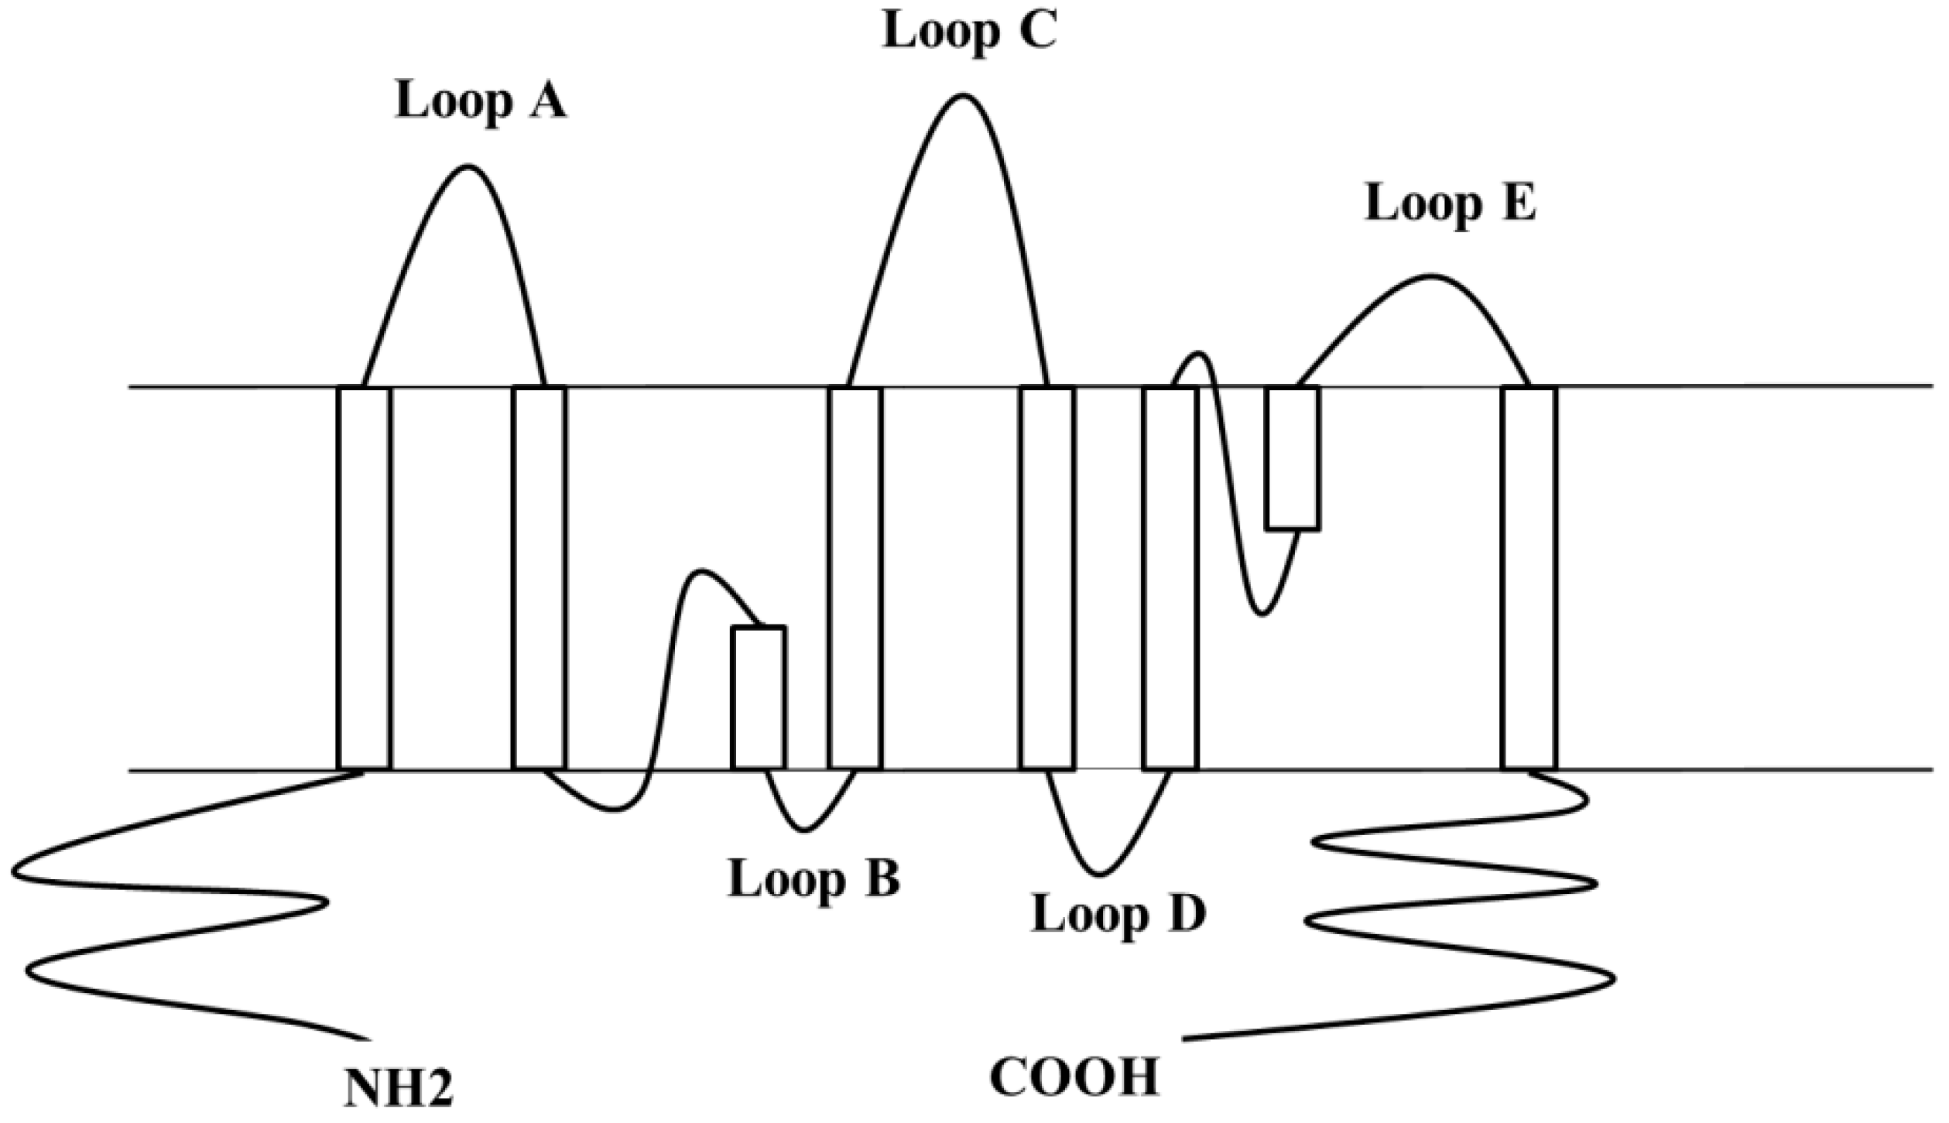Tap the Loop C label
click(x=969, y=33)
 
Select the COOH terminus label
click(x=1074, y=1078)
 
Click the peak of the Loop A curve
click(x=468, y=166)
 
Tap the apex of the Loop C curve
click(x=962, y=96)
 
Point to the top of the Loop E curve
click(x=1430, y=276)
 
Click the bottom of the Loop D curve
click(x=1100, y=875)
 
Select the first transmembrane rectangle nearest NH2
click(x=364, y=578)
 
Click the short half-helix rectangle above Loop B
click(x=759, y=697)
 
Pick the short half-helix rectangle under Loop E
click(x=1292, y=458)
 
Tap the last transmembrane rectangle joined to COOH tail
click(x=1528, y=578)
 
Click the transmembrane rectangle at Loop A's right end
click(x=539, y=578)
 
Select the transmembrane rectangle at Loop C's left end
click(x=855, y=578)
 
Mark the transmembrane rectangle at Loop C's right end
click(x=1047, y=578)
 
